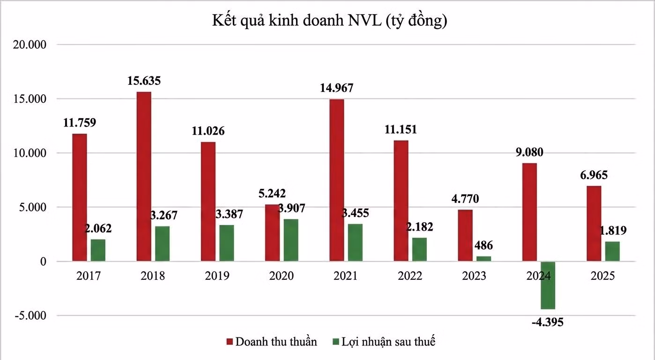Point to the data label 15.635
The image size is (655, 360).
point(144,81)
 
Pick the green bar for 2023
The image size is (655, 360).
point(484,259)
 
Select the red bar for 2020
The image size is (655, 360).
point(272,233)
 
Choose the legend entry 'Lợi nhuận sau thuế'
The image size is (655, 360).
point(383,341)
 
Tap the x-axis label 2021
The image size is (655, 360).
point(346,276)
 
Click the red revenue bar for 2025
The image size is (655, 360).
point(594,224)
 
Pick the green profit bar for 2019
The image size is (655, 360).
point(226,243)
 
